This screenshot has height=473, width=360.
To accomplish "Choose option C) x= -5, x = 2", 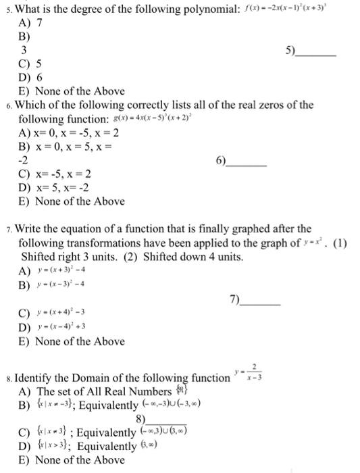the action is [55, 174].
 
